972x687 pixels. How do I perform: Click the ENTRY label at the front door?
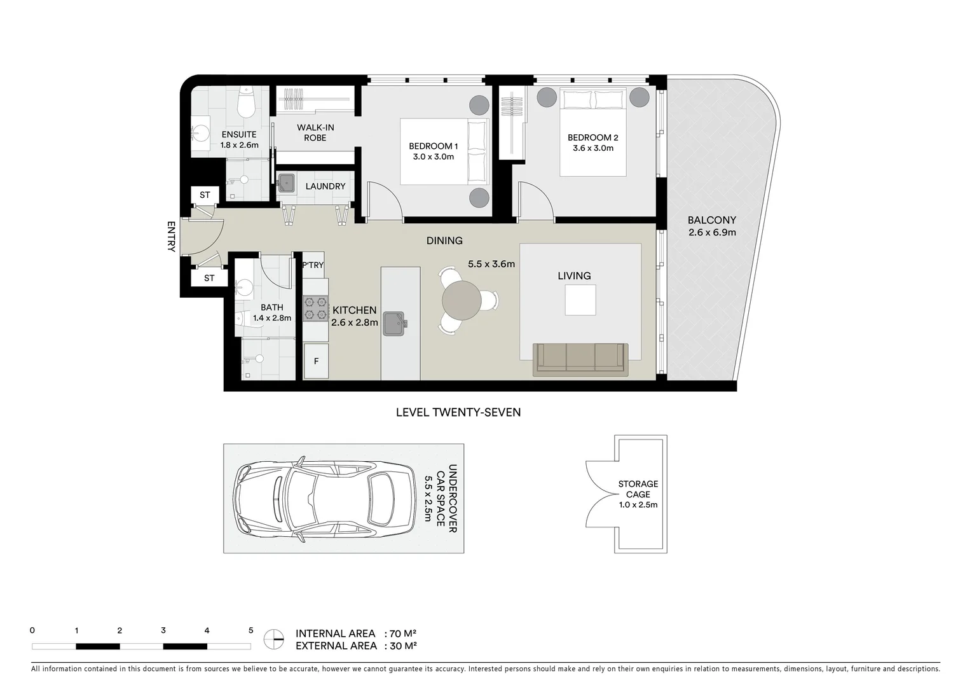tap(170, 237)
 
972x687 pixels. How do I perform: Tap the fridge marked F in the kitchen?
tap(316, 361)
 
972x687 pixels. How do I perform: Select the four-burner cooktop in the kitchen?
tap(315, 308)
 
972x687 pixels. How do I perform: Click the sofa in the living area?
tap(580, 358)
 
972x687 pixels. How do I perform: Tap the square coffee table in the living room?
tap(580, 300)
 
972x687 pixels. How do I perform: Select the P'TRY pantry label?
tap(313, 265)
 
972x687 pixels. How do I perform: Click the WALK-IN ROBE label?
tap(315, 132)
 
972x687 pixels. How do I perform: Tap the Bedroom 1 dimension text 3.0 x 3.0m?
tap(433, 156)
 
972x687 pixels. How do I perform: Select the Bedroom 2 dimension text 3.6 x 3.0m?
tap(592, 148)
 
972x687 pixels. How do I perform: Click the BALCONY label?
tap(711, 221)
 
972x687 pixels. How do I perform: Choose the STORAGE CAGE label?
tap(638, 489)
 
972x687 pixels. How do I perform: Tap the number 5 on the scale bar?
tap(250, 630)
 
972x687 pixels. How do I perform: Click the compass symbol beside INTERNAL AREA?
tap(274, 639)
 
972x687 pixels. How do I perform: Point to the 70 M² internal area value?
tap(402, 634)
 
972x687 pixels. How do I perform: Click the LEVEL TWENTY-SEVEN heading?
tap(458, 412)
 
